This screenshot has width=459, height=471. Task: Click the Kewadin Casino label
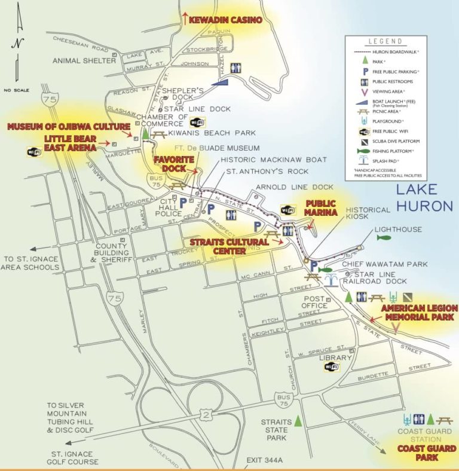pos(225,20)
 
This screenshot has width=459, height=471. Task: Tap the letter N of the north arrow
pos(17,43)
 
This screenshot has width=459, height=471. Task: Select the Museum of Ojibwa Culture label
pos(68,127)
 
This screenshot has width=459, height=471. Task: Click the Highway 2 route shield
pos(207,414)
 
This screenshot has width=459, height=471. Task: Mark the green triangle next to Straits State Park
pos(298,421)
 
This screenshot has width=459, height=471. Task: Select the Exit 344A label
pos(264,460)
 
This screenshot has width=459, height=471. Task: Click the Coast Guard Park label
pos(427,452)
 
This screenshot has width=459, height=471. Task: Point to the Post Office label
pos(315,302)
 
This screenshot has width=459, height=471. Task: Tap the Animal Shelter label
pos(84,60)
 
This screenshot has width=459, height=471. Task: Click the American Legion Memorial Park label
pos(419,312)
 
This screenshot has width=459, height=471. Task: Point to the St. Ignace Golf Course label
pos(73,457)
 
